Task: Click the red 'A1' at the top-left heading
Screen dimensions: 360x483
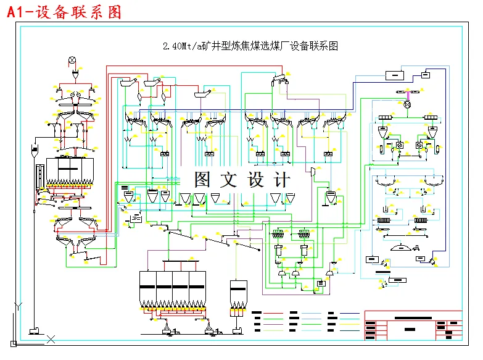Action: click(17, 12)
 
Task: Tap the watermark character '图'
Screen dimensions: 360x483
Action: click(203, 180)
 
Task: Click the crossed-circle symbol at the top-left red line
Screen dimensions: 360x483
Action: click(72, 60)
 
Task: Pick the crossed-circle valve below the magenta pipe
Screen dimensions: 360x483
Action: click(407, 105)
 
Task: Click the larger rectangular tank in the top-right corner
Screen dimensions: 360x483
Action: click(394, 75)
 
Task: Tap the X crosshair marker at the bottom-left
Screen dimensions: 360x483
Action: click(51, 338)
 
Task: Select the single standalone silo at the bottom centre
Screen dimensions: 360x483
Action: click(238, 295)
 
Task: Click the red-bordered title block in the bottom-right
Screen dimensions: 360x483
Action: click(413, 325)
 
